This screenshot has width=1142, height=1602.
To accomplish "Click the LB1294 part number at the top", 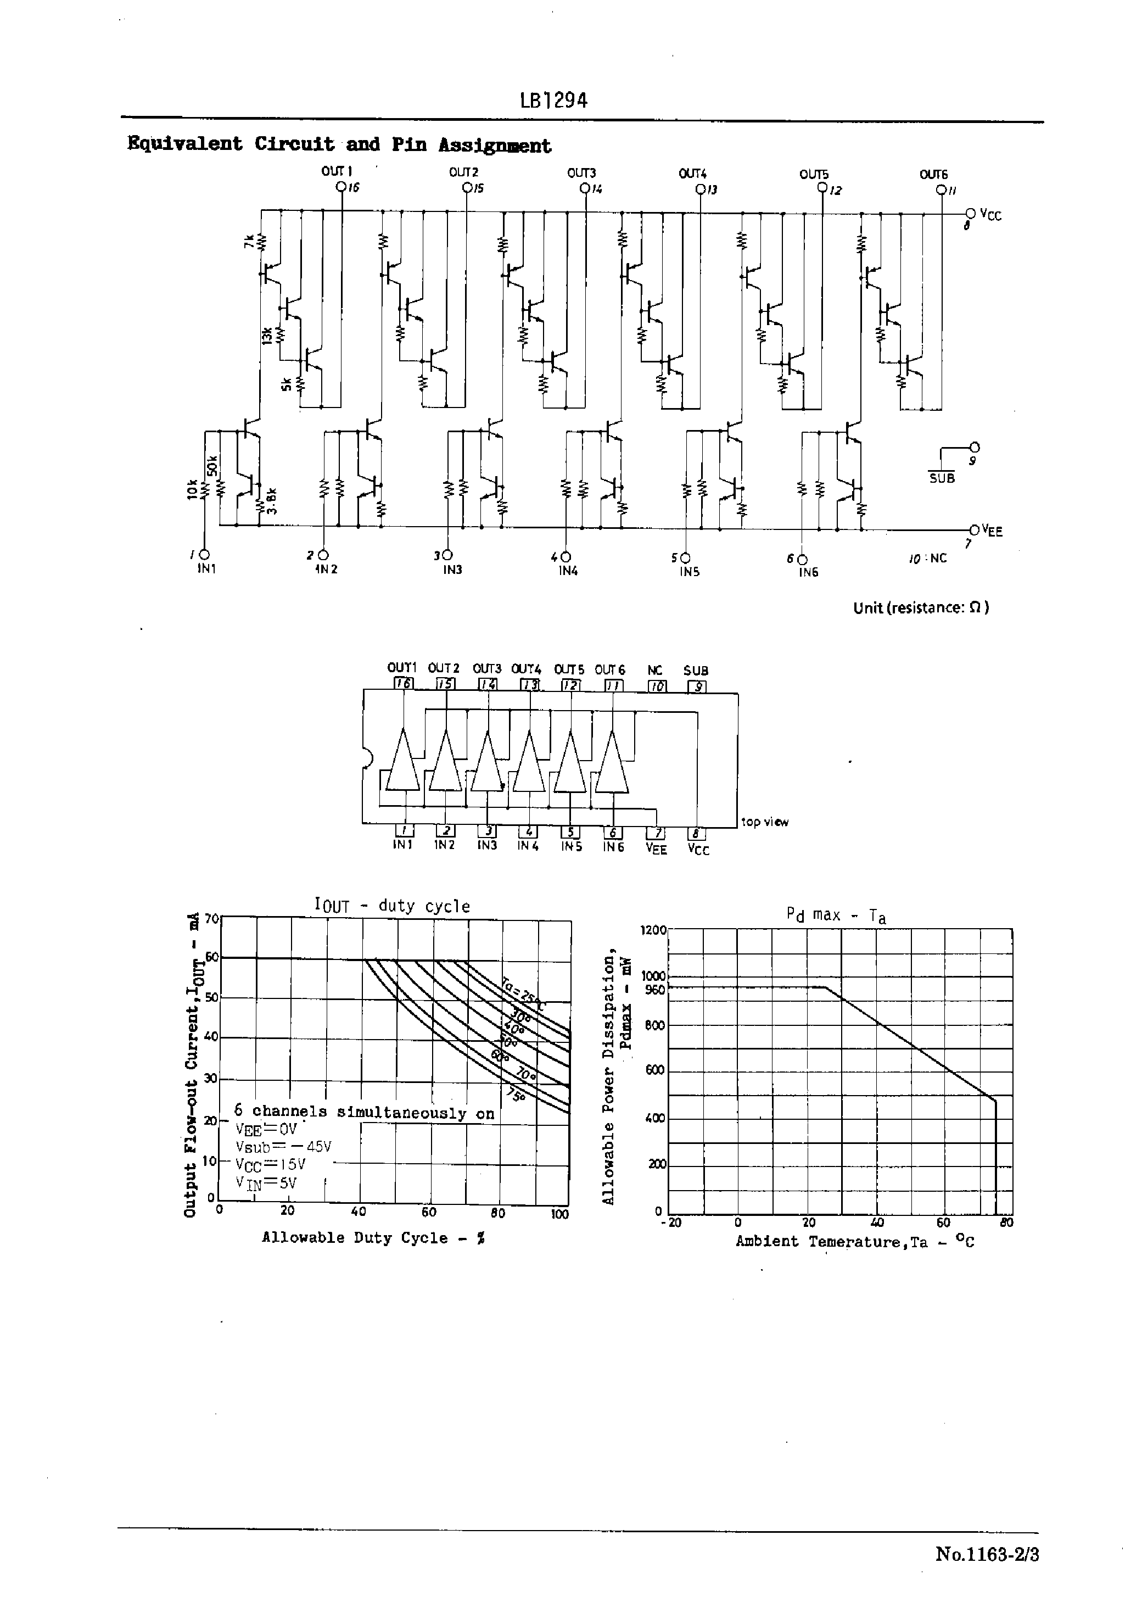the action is click(x=553, y=101).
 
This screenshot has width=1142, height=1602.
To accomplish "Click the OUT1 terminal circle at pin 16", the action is click(x=341, y=187).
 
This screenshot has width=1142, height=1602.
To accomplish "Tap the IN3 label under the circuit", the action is click(x=452, y=570).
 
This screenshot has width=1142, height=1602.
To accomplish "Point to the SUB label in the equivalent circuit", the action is click(x=942, y=478).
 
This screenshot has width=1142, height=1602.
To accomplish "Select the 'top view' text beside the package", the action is click(x=765, y=822).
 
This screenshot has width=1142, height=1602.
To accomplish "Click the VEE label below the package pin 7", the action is click(x=656, y=849).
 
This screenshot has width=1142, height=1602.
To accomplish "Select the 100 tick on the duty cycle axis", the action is click(x=560, y=1214).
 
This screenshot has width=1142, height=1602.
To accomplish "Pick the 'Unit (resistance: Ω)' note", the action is click(x=921, y=607).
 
